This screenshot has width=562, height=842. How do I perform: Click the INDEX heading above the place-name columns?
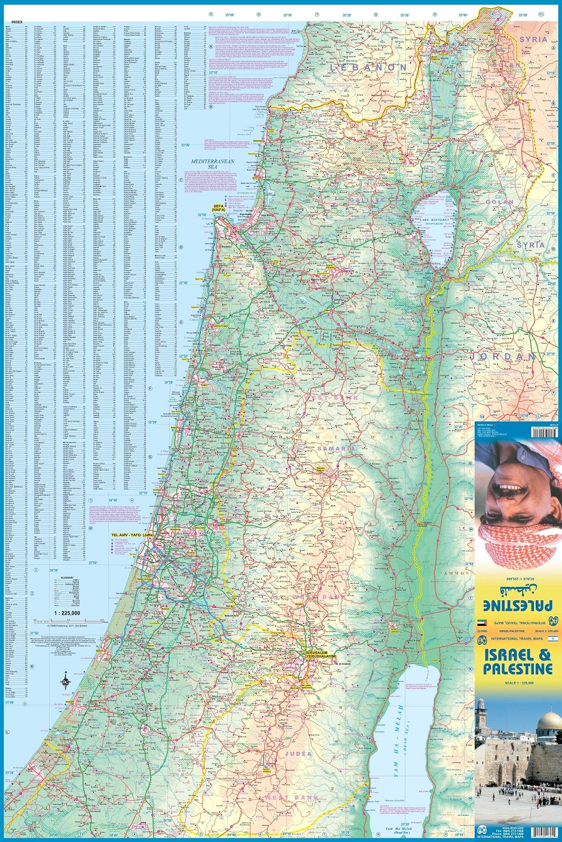[17, 22]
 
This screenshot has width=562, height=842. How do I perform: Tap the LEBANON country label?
[368, 67]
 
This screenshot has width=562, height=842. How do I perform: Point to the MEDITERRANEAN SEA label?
[213, 165]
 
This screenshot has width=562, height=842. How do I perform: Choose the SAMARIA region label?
[336, 448]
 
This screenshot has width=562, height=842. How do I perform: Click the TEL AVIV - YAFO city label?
[133, 535]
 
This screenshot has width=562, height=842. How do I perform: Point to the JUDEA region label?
[298, 754]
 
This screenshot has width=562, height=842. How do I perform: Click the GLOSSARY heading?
[66, 577]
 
